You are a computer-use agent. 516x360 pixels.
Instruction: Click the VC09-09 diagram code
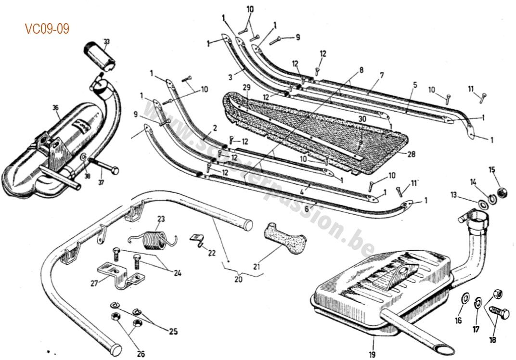(x=47, y=29)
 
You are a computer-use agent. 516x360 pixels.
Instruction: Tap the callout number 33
(x=106, y=41)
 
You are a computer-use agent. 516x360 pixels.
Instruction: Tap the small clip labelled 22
(x=195, y=239)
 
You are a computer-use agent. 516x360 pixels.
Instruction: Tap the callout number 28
(x=411, y=154)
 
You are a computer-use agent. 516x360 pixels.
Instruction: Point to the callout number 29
(x=246, y=87)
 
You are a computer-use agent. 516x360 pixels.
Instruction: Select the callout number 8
(x=361, y=69)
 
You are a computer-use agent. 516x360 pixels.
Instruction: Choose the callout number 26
(x=140, y=354)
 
